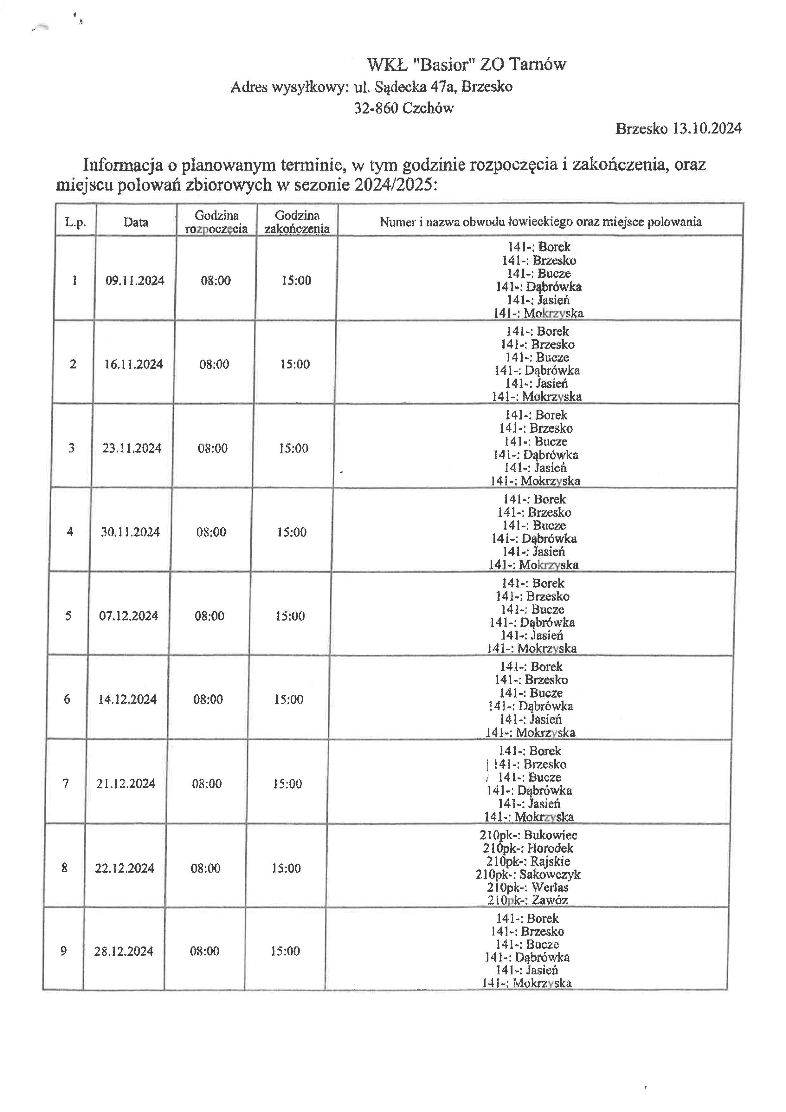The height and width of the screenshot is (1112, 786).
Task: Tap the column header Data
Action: tap(136, 222)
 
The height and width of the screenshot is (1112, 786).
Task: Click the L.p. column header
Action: tap(75, 222)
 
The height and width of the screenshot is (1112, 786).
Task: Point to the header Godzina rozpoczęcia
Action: tap(216, 222)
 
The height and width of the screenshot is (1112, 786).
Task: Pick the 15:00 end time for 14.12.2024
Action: tap(288, 699)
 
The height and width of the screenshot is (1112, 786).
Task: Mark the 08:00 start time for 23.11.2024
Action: tap(212, 448)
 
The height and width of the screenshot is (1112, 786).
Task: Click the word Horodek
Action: tap(550, 848)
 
